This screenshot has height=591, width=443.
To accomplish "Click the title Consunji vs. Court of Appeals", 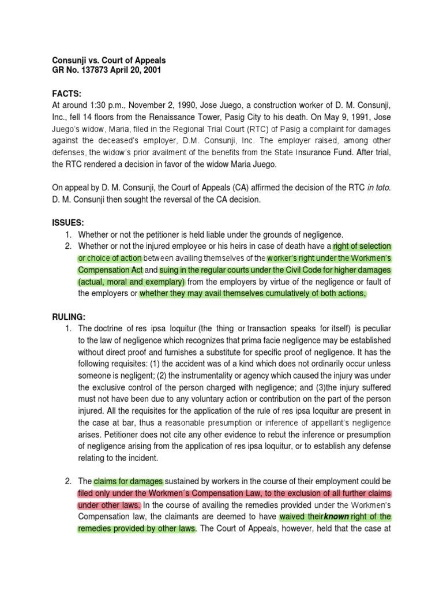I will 109,61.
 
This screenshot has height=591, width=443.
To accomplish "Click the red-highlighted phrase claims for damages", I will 129,481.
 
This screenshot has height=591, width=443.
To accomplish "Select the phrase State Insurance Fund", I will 310,153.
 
